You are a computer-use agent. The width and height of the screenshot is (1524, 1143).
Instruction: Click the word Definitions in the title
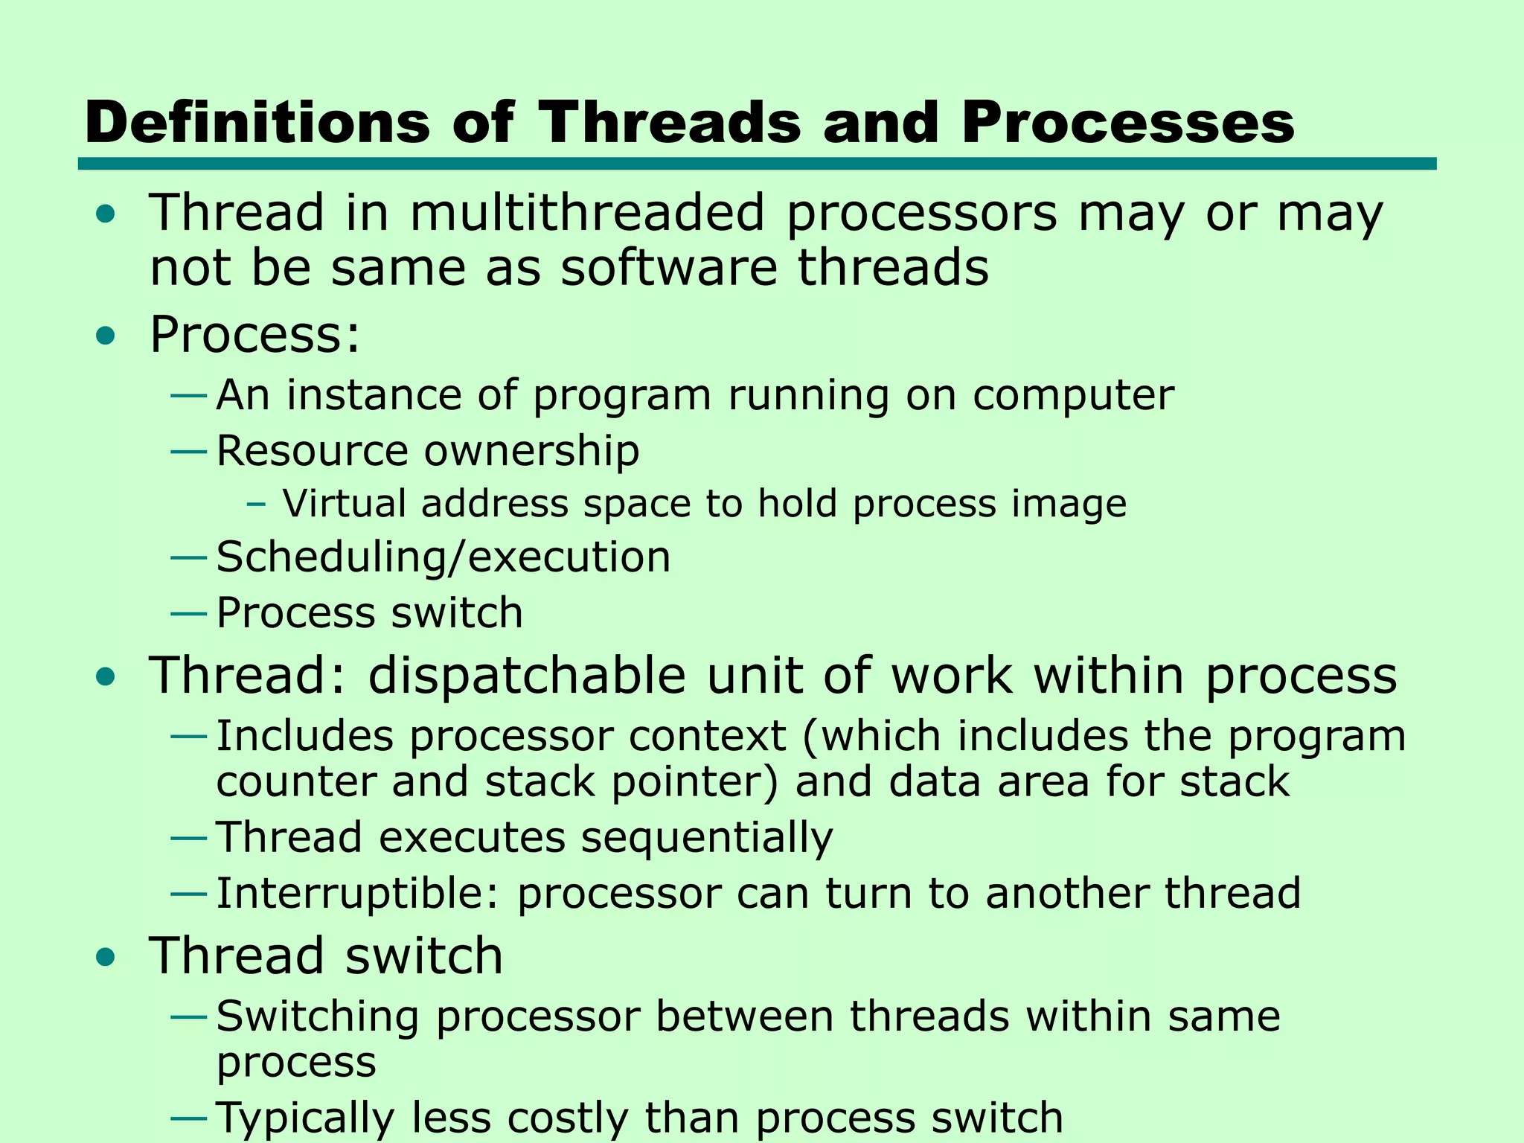tap(257, 123)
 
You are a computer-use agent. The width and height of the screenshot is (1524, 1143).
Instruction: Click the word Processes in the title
tap(1127, 123)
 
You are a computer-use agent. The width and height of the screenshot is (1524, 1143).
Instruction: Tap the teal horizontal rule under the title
tap(757, 164)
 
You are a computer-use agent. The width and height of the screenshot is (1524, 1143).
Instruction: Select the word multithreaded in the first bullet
tap(587, 214)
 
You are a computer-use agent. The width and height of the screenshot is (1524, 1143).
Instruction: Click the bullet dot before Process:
tap(106, 336)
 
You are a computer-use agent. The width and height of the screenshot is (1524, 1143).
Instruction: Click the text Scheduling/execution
tap(444, 557)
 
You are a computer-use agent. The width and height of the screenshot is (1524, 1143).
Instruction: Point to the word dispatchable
tap(527, 676)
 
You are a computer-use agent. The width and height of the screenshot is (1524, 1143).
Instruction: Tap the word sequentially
tap(706, 839)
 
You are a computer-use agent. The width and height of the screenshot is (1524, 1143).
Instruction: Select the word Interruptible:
tap(357, 894)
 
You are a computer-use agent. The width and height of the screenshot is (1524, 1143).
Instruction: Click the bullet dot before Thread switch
tap(106, 957)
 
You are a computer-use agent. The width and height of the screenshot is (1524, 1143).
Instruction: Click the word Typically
tap(305, 1118)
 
